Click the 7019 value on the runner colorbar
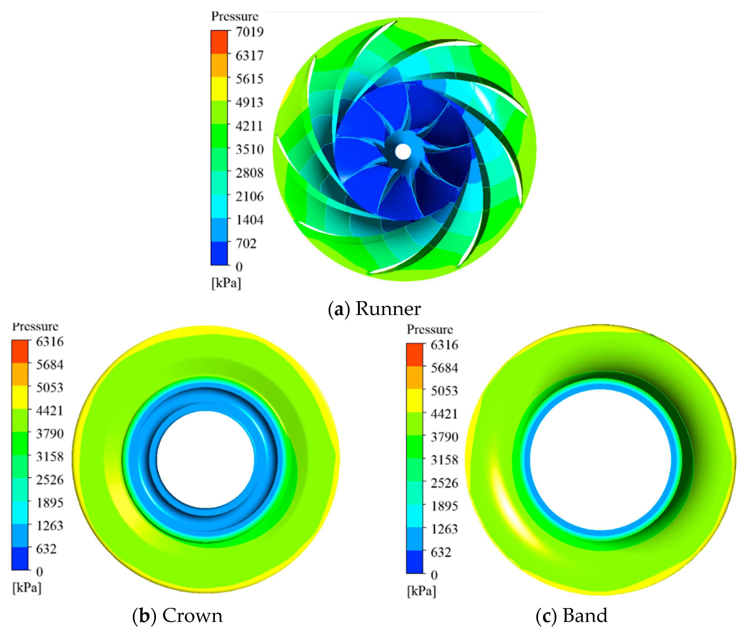pos(249,32)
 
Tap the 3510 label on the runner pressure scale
pos(249,149)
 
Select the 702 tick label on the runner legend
pos(246,243)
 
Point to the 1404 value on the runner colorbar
pos(249,220)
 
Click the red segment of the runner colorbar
pos(219,42)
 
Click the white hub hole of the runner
pos(403,152)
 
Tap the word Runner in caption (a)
pos(388,308)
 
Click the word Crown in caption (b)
pos(192,615)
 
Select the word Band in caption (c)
pos(585,615)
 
